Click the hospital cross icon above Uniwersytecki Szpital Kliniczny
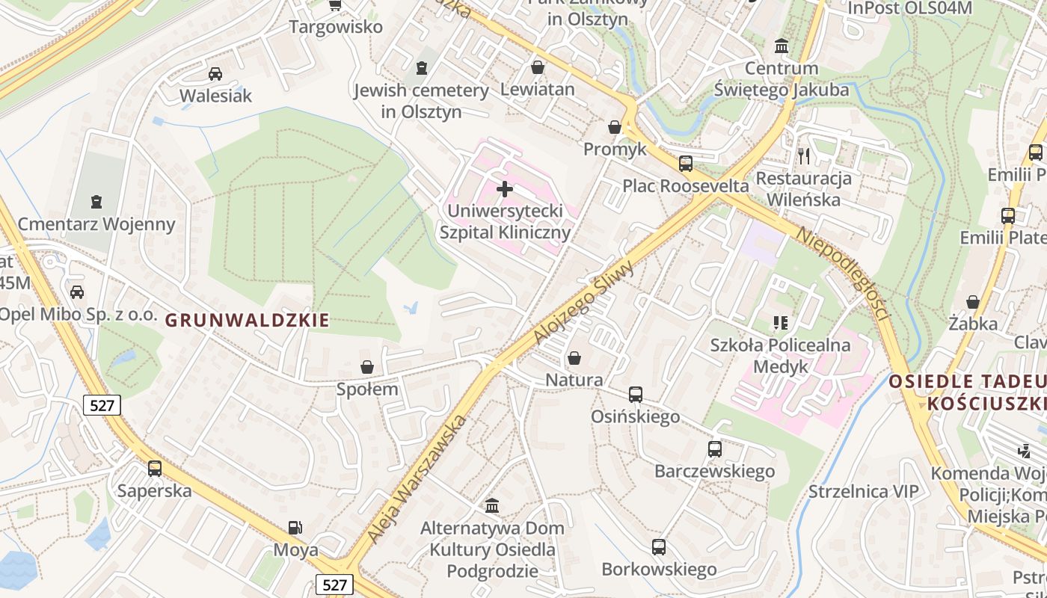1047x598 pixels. pyautogui.click(x=505, y=189)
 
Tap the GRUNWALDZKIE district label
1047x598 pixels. pyautogui.click(x=247, y=321)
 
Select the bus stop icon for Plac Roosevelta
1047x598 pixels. pyautogui.click(x=685, y=164)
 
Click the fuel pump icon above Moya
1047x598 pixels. pyautogui.click(x=295, y=528)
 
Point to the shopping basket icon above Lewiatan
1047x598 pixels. pyautogui.click(x=537, y=68)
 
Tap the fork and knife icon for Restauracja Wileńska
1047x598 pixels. pyautogui.click(x=804, y=155)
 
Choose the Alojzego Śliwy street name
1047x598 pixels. pyautogui.click(x=585, y=302)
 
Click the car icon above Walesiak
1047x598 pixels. pyautogui.click(x=215, y=74)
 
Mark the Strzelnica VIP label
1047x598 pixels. pyautogui.click(x=863, y=491)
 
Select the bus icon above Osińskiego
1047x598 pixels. pyautogui.click(x=636, y=394)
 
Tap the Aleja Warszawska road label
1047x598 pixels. pyautogui.click(x=429, y=478)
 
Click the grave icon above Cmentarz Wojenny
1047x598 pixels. pyautogui.click(x=96, y=202)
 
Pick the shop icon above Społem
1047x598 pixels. pyautogui.click(x=367, y=367)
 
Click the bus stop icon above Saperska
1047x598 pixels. pyautogui.click(x=155, y=469)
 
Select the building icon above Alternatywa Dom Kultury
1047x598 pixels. pyautogui.click(x=492, y=506)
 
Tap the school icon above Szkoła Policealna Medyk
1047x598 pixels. pyautogui.click(x=781, y=323)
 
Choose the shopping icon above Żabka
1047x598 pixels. pyautogui.click(x=973, y=302)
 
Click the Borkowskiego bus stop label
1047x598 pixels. pyautogui.click(x=659, y=570)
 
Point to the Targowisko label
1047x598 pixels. pyautogui.click(x=336, y=27)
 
